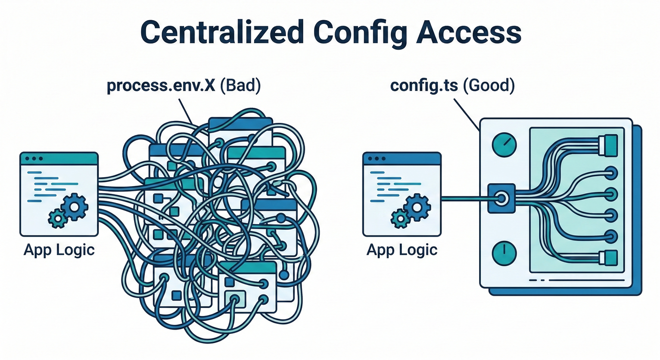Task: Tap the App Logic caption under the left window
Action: click(x=59, y=250)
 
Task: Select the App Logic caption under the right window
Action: click(x=402, y=250)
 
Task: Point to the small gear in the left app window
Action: click(x=58, y=219)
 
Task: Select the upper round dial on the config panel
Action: click(x=504, y=144)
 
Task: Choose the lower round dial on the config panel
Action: click(x=504, y=253)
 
